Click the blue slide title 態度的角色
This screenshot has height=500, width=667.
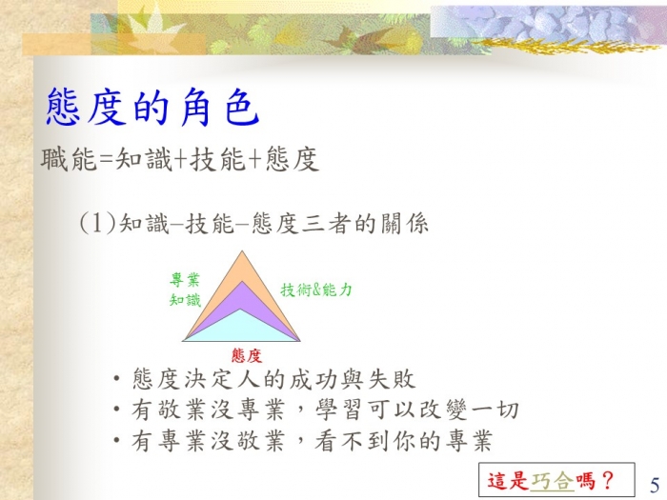coord(152,107)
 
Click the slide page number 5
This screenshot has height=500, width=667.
coord(655,485)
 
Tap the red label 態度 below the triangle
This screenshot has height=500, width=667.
coord(246,355)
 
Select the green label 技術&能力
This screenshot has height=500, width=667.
coord(316,290)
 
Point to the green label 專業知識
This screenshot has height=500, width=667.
coord(185,290)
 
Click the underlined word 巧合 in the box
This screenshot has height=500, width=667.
coord(552,481)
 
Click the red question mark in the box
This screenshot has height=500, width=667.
coord(608,481)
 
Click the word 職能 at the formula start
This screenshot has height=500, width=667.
coord(69,159)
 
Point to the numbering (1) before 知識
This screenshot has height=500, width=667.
coord(98,223)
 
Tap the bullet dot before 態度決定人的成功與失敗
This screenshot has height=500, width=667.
coord(117,378)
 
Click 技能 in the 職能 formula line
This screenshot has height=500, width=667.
coord(218,160)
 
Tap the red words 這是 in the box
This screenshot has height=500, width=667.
coord(508,481)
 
